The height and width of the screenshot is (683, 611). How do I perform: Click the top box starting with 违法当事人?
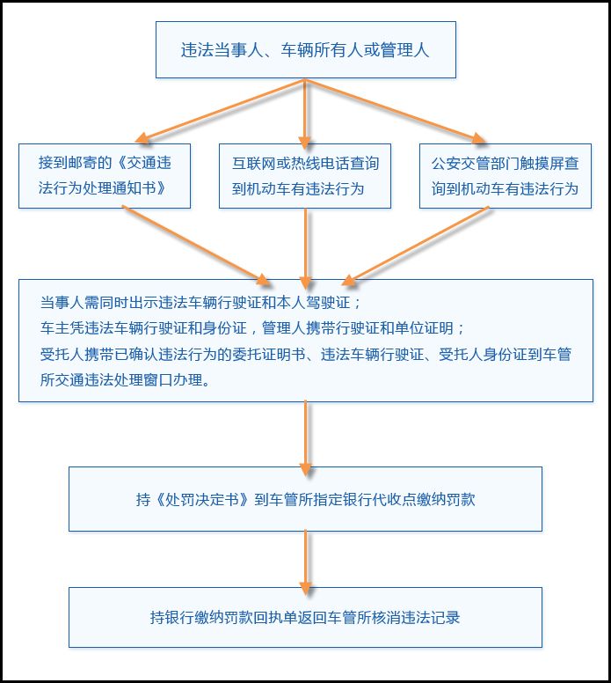[x=305, y=50]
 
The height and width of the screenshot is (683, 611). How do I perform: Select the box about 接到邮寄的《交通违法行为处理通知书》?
[x=105, y=176]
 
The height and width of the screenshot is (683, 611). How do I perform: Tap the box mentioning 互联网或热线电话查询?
[x=305, y=176]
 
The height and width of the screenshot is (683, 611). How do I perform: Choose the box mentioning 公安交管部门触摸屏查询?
[x=506, y=176]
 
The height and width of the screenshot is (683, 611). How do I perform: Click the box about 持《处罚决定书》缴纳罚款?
[x=305, y=499]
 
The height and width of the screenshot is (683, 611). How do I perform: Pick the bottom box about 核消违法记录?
[x=305, y=618]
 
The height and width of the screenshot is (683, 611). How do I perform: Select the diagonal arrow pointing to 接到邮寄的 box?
[x=220, y=110]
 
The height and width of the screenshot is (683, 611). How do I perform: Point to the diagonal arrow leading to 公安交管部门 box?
[x=396, y=111]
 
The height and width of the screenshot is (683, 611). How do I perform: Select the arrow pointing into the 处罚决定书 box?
[x=305, y=436]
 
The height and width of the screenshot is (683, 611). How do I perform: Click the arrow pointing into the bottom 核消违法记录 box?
[x=305, y=559]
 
